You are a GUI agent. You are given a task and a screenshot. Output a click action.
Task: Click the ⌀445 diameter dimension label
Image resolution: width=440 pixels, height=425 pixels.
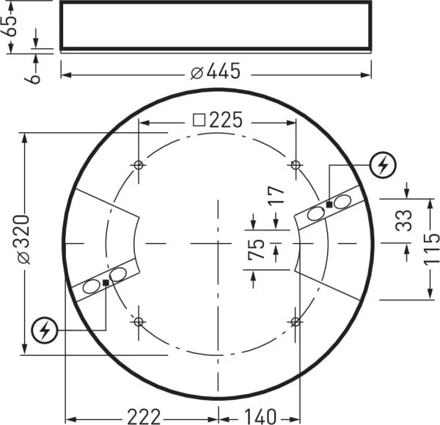coord(216,71)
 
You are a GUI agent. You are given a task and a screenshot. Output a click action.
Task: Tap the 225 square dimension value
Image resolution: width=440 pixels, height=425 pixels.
coord(226,120)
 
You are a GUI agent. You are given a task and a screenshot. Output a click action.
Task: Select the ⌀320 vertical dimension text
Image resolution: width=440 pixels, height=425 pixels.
coord(21,239)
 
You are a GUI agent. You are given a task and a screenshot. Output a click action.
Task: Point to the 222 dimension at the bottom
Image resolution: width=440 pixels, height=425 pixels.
coord(144,417)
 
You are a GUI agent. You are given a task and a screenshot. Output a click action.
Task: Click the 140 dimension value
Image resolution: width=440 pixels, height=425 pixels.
coord(260,417)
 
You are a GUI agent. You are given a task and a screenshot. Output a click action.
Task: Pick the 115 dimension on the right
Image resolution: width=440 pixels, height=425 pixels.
coord(431,250)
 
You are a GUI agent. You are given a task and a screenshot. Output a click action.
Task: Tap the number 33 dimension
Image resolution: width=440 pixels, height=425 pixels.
coord(403,220)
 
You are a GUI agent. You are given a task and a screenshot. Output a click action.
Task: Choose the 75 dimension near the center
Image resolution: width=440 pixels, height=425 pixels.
coord(256,249)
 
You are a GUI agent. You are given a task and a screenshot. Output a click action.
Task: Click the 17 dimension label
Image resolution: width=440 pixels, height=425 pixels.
coord(276,195)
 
